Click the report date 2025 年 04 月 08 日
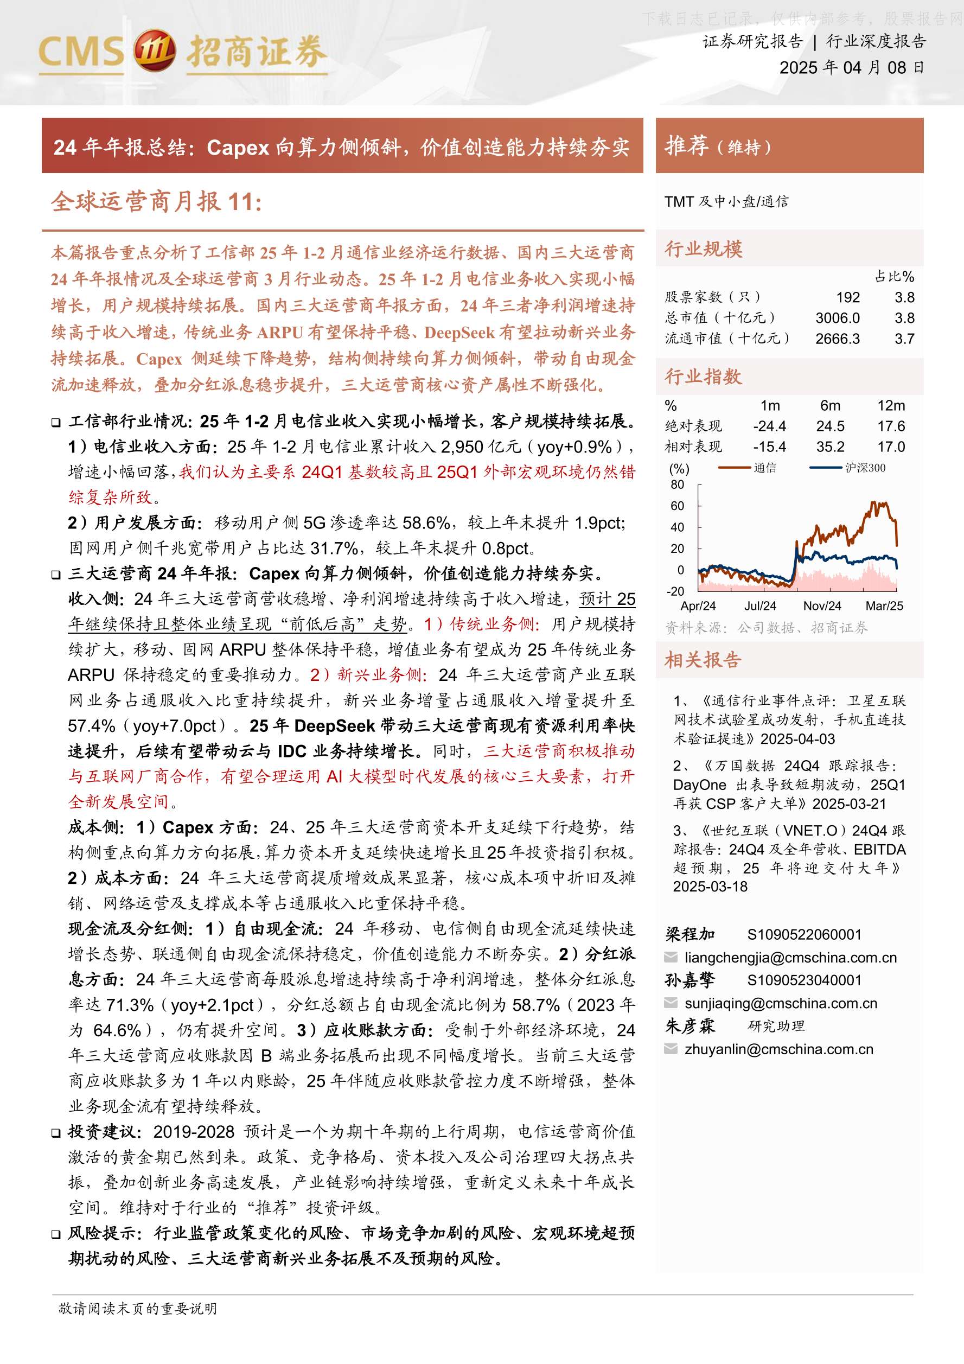pyautogui.click(x=851, y=68)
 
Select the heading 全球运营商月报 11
pyautogui.click(x=156, y=202)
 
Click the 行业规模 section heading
pyautogui.click(x=703, y=249)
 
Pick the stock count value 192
pyautogui.click(x=847, y=297)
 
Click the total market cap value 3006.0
pyautogui.click(x=838, y=318)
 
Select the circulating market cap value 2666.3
pyautogui.click(x=838, y=339)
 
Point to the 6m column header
pyautogui.click(x=830, y=406)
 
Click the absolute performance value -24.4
pyautogui.click(x=769, y=426)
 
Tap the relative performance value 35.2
pyautogui.click(x=830, y=447)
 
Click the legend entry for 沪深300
pyautogui.click(x=865, y=468)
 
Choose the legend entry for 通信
pyautogui.click(x=764, y=468)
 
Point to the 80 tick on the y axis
pyautogui.click(x=677, y=485)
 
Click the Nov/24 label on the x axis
pyautogui.click(x=822, y=606)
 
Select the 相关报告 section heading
pyautogui.click(x=703, y=660)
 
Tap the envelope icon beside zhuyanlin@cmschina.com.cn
pyautogui.click(x=671, y=1049)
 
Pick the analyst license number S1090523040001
pyautogui.click(x=804, y=980)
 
